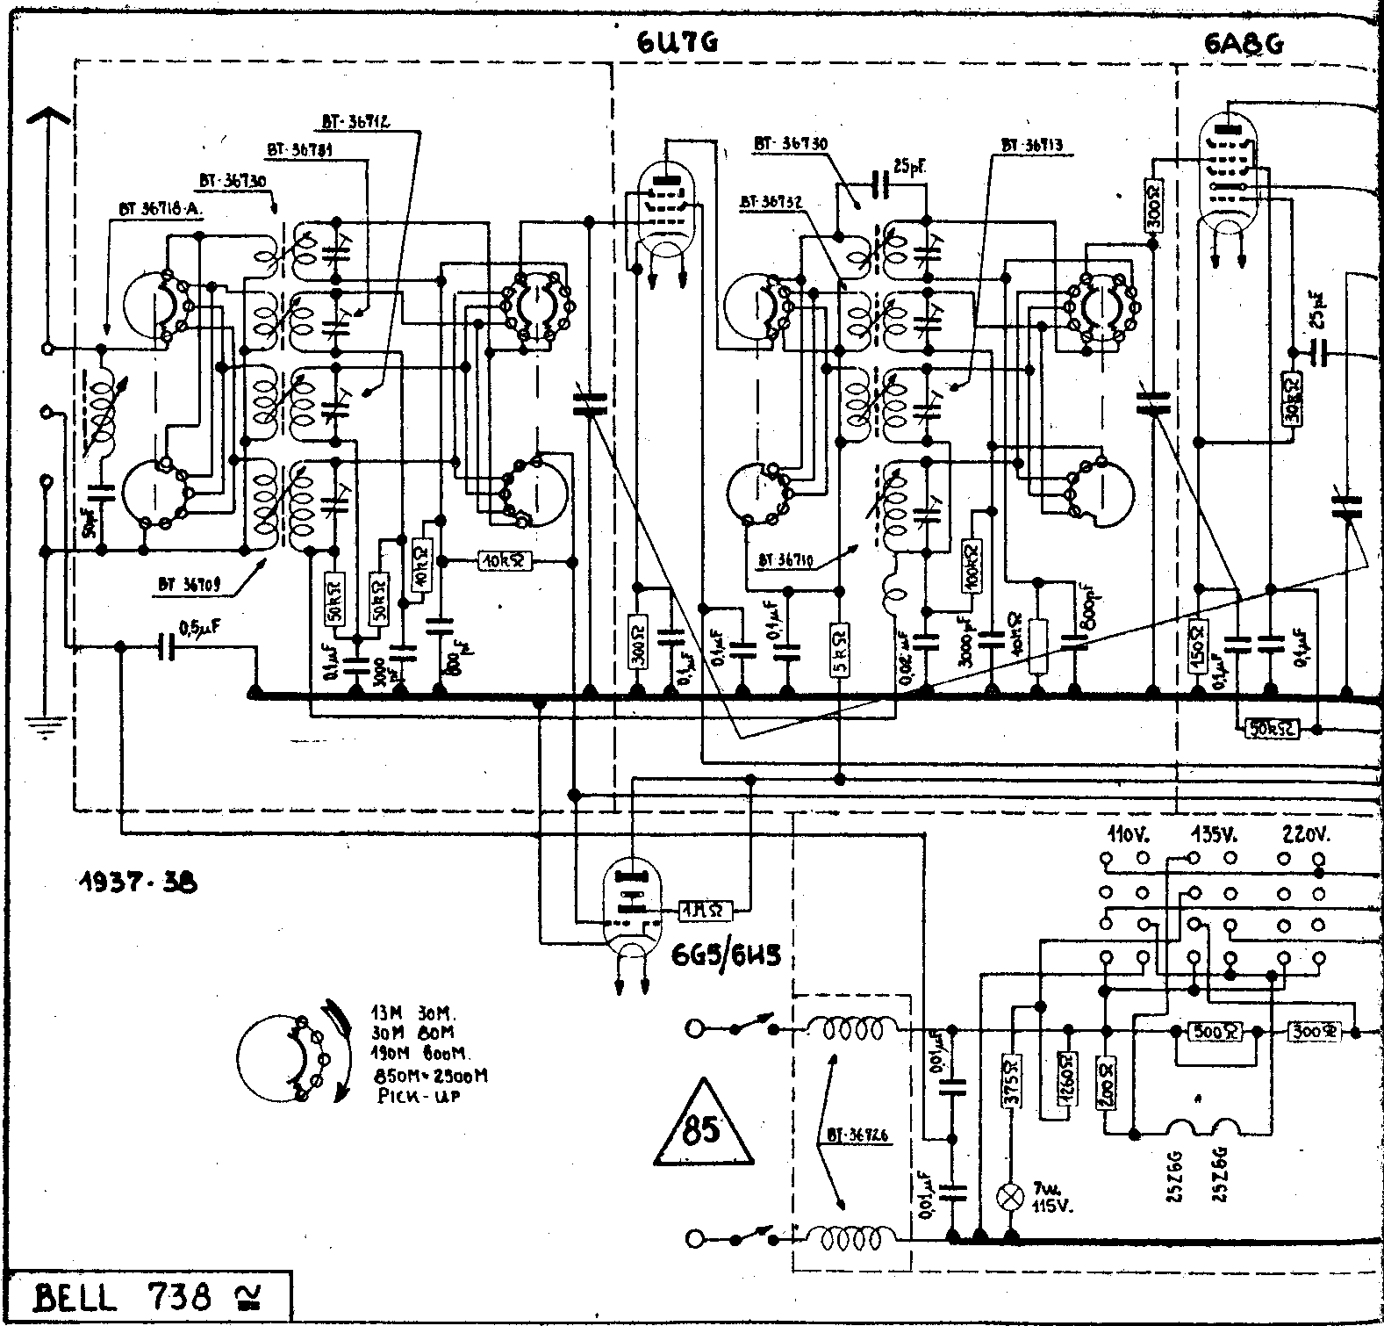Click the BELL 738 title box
[146, 1297]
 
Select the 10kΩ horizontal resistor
[506, 560]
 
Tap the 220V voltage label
[1305, 834]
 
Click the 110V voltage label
[1125, 834]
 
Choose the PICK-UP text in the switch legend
[407, 1096]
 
